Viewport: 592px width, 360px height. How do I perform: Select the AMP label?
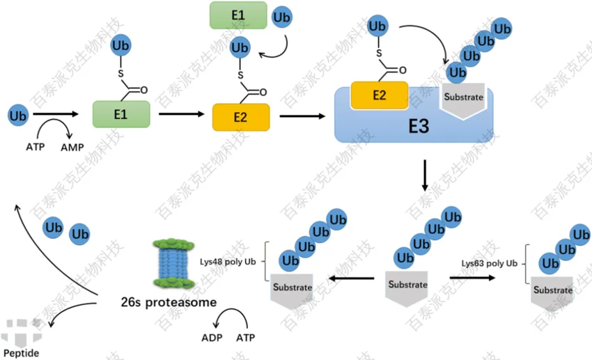click(73, 148)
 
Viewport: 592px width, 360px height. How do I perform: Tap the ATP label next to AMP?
click(36, 148)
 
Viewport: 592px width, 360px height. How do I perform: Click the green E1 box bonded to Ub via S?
click(121, 114)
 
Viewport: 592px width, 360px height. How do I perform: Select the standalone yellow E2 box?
click(240, 117)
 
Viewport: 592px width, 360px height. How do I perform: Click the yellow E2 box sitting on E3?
click(379, 95)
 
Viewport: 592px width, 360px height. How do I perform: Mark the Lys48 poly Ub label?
click(229, 261)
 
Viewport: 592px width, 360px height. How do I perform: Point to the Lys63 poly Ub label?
click(490, 263)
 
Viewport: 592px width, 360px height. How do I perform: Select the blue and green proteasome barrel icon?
click(171, 264)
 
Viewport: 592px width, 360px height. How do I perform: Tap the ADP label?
click(212, 338)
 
